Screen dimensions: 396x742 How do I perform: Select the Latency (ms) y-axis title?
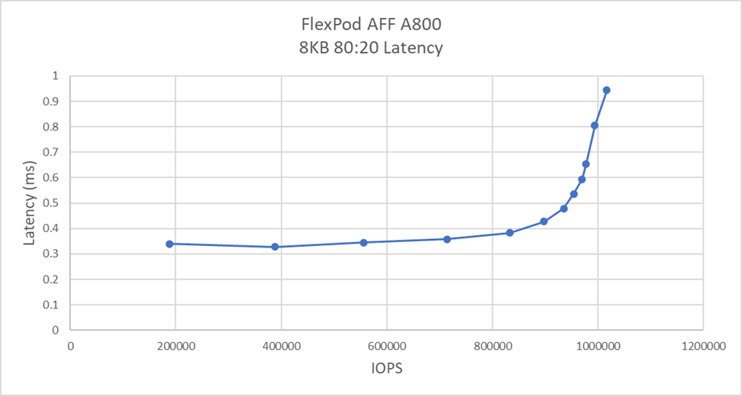point(30,203)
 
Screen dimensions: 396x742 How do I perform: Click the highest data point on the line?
point(606,90)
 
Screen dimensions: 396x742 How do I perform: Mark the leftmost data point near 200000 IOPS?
point(169,244)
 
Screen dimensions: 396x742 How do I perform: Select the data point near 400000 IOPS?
point(275,247)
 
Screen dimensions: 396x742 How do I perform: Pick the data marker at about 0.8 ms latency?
point(594,125)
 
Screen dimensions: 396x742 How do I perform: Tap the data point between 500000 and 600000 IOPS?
point(364,242)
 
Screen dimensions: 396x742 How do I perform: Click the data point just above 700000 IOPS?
point(447,239)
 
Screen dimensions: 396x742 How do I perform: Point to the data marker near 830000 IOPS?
point(509,233)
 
